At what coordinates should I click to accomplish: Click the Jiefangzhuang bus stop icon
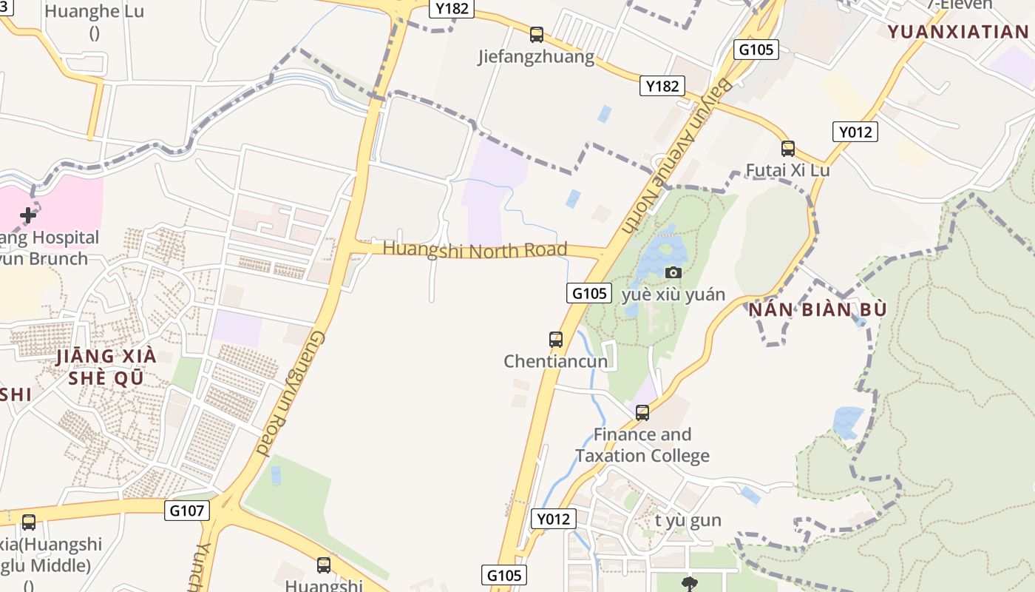click(x=537, y=34)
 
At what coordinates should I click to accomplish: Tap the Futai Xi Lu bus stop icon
click(x=788, y=148)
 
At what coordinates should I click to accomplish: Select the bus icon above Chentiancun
click(x=556, y=340)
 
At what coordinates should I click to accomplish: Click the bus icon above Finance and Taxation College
click(x=642, y=412)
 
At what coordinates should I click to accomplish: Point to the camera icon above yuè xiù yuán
click(x=673, y=272)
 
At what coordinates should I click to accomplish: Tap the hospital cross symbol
click(x=28, y=215)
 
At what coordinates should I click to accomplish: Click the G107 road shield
click(x=187, y=510)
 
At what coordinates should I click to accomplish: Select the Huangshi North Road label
click(x=475, y=249)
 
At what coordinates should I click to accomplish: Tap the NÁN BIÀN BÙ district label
click(x=818, y=309)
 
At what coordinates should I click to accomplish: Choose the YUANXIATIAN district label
click(x=958, y=31)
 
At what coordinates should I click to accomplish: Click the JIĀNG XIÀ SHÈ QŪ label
click(x=106, y=367)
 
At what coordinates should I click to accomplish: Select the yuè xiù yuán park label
click(x=673, y=295)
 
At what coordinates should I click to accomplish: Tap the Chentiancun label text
click(x=556, y=361)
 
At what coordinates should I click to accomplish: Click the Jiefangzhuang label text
click(x=536, y=57)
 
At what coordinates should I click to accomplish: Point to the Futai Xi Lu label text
click(x=787, y=170)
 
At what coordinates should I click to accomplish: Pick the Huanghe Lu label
click(x=94, y=12)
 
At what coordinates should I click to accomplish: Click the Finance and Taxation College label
click(x=642, y=445)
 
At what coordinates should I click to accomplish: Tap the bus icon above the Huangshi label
click(x=324, y=565)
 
